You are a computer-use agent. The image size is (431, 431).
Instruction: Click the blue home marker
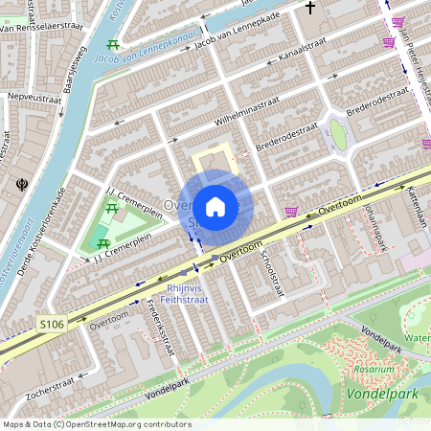pyautogui.click(x=215, y=206)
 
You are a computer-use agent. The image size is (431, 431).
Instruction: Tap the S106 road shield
pyautogui.click(x=52, y=326)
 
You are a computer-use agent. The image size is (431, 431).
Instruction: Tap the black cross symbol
pyautogui.click(x=309, y=9)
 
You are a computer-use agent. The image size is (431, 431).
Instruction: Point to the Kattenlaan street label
pyautogui.click(x=418, y=206)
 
